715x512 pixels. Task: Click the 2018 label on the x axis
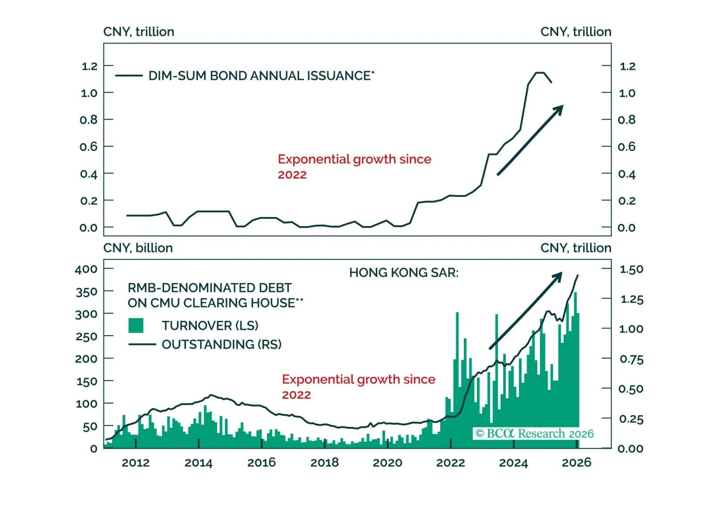point(325,462)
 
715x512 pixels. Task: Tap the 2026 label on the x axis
point(576,462)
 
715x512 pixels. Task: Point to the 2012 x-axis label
point(136,462)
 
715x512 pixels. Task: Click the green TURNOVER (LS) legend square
point(136,325)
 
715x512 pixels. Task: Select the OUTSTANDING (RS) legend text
point(222,344)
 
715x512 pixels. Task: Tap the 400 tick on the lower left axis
point(86,269)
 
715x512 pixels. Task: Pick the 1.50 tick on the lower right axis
point(631,269)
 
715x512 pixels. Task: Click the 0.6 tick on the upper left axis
point(88,146)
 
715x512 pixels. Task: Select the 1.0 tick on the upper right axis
point(627,93)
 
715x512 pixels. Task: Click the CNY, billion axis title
point(138,247)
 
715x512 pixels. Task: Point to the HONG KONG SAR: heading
point(404,273)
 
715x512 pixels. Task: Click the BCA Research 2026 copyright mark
point(534,433)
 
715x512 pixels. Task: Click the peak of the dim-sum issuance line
point(540,73)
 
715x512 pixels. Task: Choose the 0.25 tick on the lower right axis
point(631,419)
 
